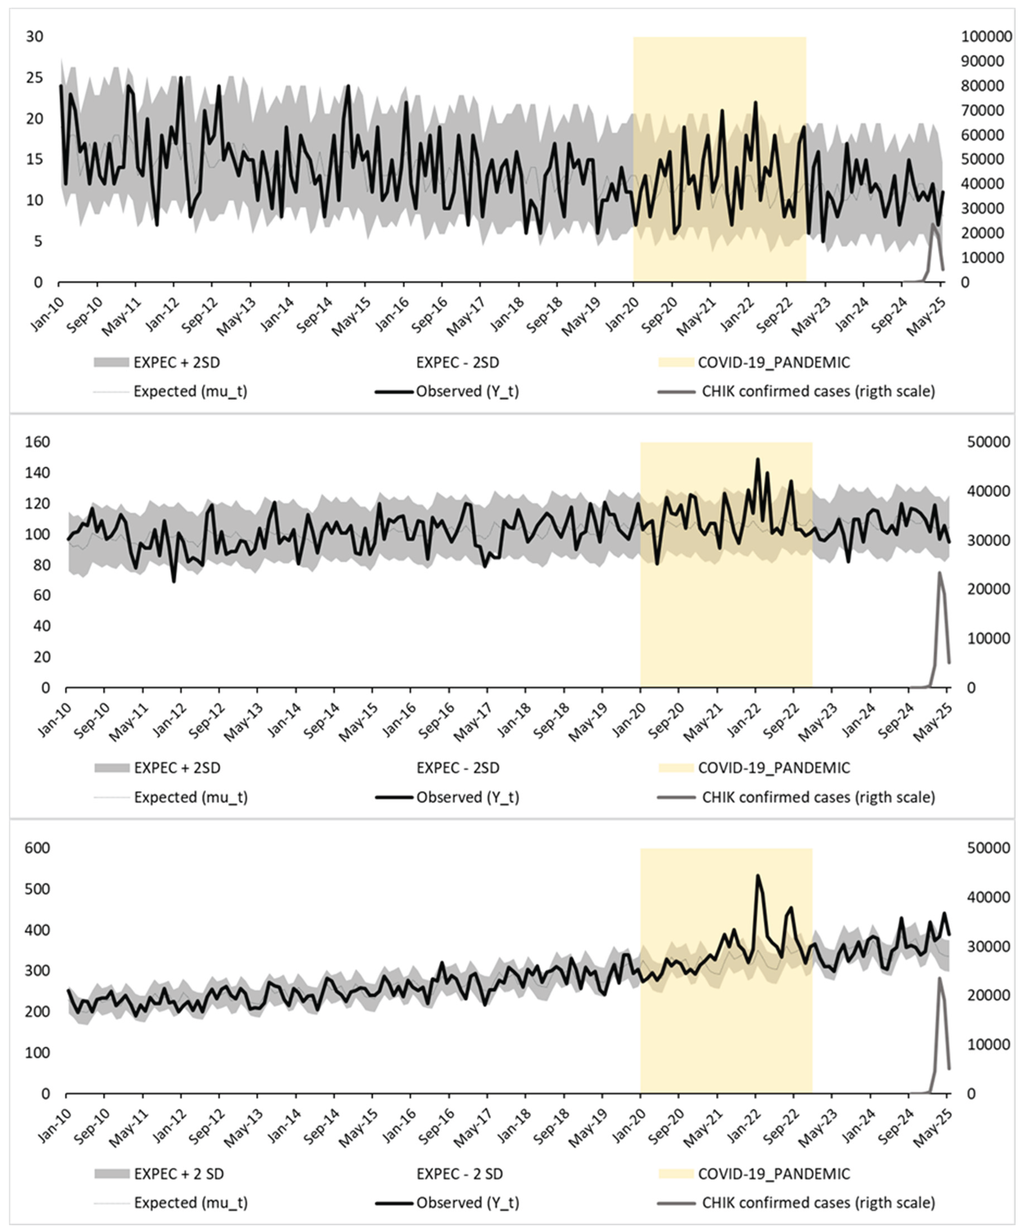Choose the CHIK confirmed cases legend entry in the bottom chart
coord(818,1203)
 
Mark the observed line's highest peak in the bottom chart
coord(757,892)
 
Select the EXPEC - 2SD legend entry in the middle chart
coord(457,768)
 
